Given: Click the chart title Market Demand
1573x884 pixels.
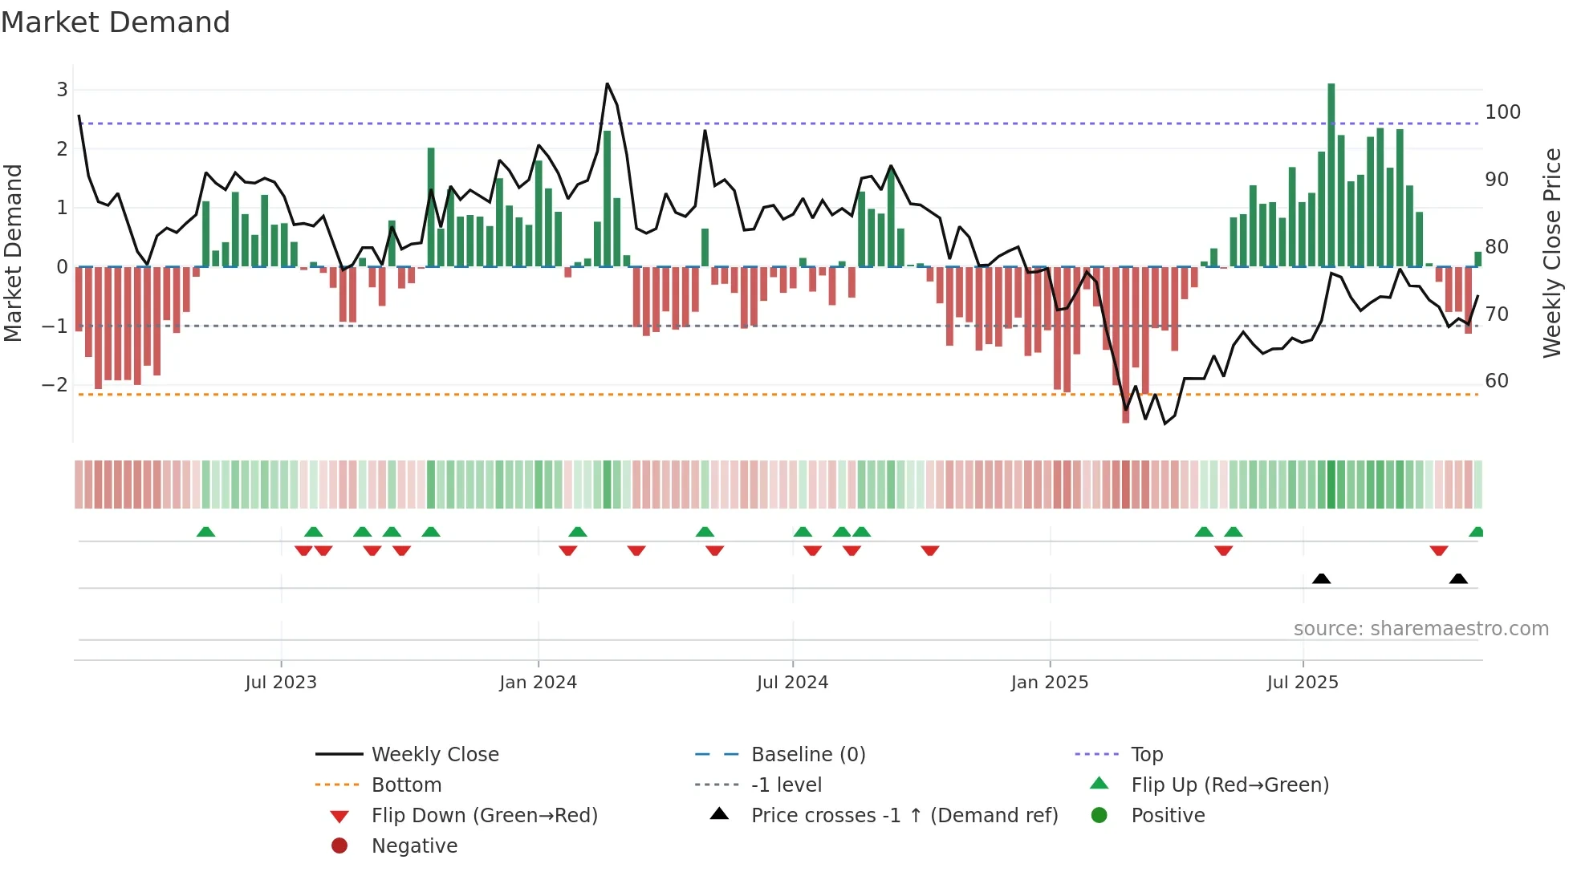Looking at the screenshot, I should point(116,22).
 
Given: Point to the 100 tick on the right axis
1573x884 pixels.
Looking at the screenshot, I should point(1502,112).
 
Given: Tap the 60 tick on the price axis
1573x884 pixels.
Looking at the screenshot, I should point(1497,381).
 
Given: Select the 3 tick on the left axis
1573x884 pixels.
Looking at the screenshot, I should point(62,90).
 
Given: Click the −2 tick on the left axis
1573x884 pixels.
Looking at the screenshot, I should point(55,385).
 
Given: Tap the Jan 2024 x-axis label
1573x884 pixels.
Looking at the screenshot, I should point(538,683).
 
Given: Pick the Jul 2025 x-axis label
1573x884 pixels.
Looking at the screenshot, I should point(1303,683).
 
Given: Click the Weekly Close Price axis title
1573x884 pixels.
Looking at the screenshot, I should point(1552,253).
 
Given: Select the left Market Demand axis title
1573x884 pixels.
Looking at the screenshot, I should point(14,253).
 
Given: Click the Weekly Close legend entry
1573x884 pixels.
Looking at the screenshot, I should point(435,755).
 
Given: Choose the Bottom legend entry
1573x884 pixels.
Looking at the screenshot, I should point(406,785).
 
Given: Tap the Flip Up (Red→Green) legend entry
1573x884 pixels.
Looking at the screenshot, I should point(1230,785).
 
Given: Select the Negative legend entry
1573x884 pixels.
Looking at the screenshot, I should point(414,846).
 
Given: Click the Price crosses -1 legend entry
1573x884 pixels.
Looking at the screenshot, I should point(904,816).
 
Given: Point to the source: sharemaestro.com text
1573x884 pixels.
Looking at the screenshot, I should point(1421,629).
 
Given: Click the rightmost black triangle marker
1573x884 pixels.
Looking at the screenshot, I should point(1458,579).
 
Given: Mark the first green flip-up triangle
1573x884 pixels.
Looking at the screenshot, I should point(205,532).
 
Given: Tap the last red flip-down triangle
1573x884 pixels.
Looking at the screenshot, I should point(1438,550).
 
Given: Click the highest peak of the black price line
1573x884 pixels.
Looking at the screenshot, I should point(607,84).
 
